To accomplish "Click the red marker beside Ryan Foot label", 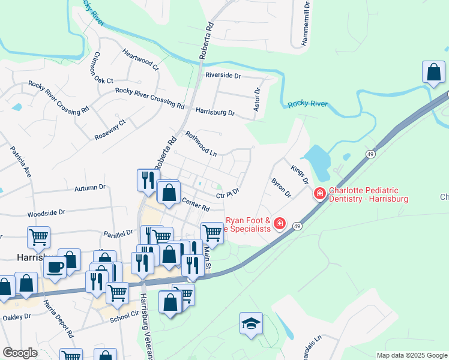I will (279, 224).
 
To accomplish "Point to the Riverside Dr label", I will (223, 76).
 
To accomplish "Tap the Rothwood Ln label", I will (201, 143).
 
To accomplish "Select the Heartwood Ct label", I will (140, 59).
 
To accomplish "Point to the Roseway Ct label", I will (110, 130).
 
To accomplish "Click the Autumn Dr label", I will (90, 188).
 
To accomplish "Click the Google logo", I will (20, 353).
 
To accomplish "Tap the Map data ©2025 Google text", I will (411, 355).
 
